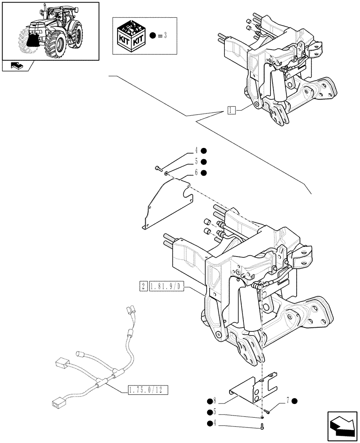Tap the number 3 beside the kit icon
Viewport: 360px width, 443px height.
coord(164,35)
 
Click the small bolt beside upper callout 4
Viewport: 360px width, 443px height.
coord(158,168)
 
